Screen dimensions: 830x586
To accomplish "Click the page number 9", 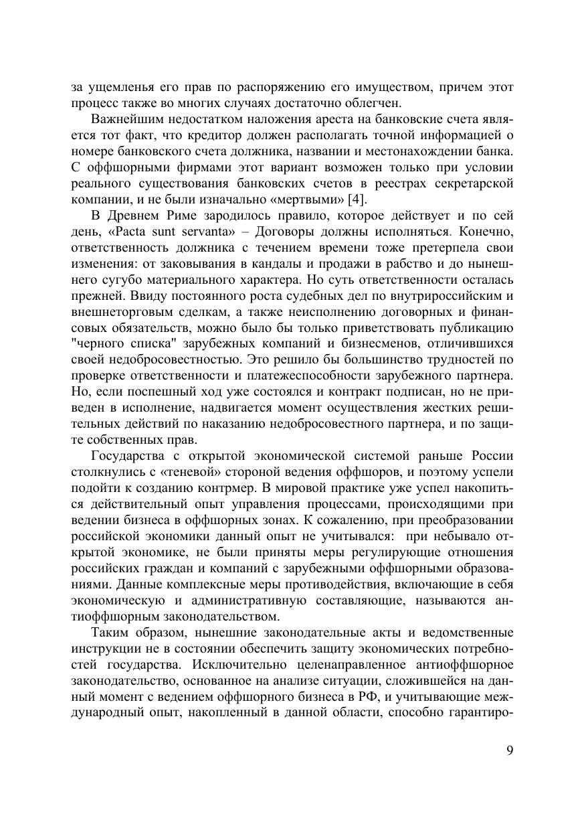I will tap(510, 750).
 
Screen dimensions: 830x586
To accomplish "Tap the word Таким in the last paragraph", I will tap(109, 632).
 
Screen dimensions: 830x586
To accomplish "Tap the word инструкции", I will tap(104, 649).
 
